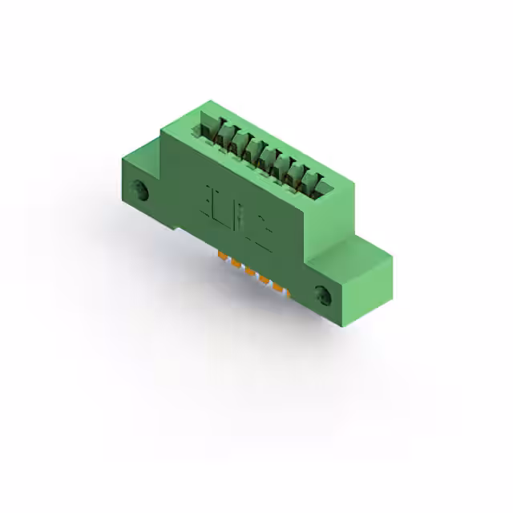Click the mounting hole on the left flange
click(x=143, y=192)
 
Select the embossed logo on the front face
click(x=237, y=216)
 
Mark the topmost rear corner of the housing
click(x=211, y=101)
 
